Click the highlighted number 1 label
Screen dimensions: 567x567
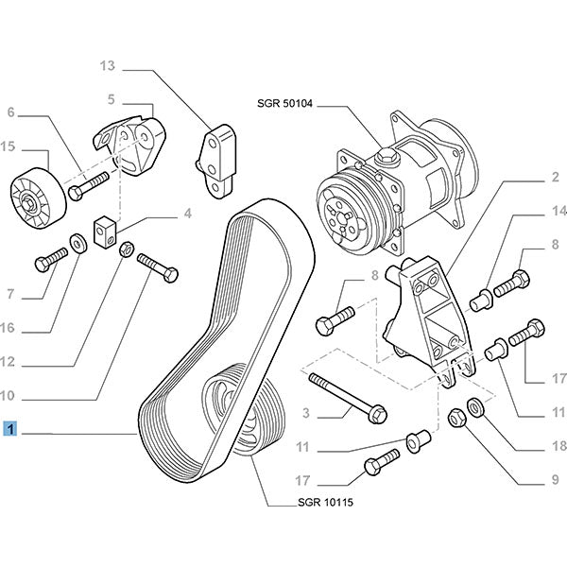9,430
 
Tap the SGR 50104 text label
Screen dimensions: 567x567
284,101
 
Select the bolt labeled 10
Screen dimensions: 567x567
157,265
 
